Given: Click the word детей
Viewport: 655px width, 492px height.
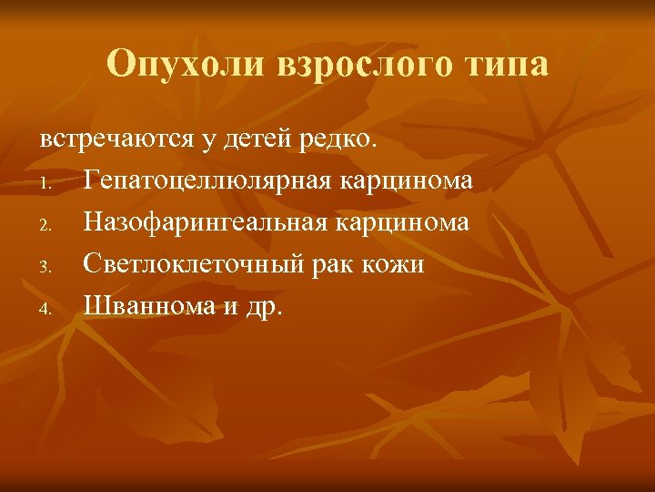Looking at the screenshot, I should [x=264, y=139].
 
